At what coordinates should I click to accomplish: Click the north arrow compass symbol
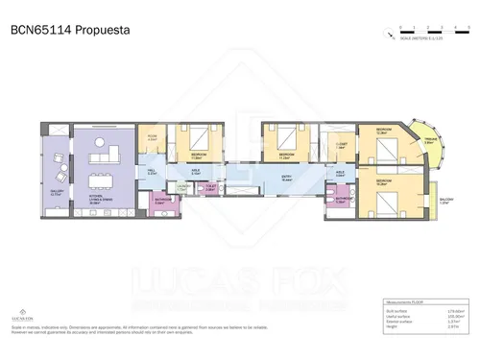pos(394,37)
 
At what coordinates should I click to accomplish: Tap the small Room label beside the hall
pos(152,137)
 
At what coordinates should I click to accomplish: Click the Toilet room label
pos(209,189)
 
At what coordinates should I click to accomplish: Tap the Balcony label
pos(444,202)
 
